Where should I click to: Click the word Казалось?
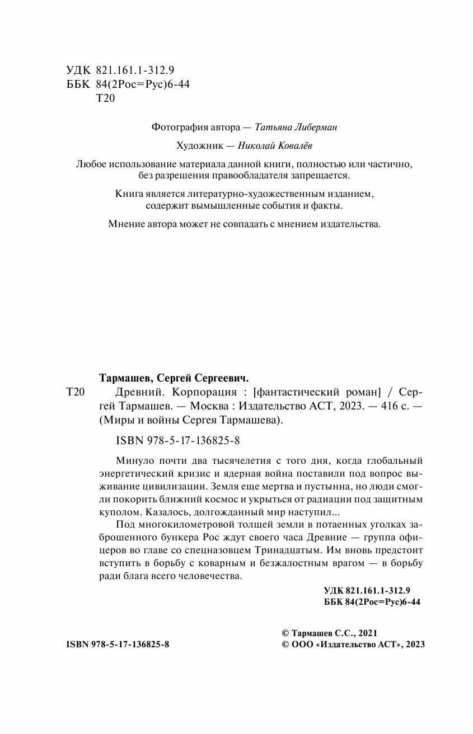(x=168, y=511)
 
